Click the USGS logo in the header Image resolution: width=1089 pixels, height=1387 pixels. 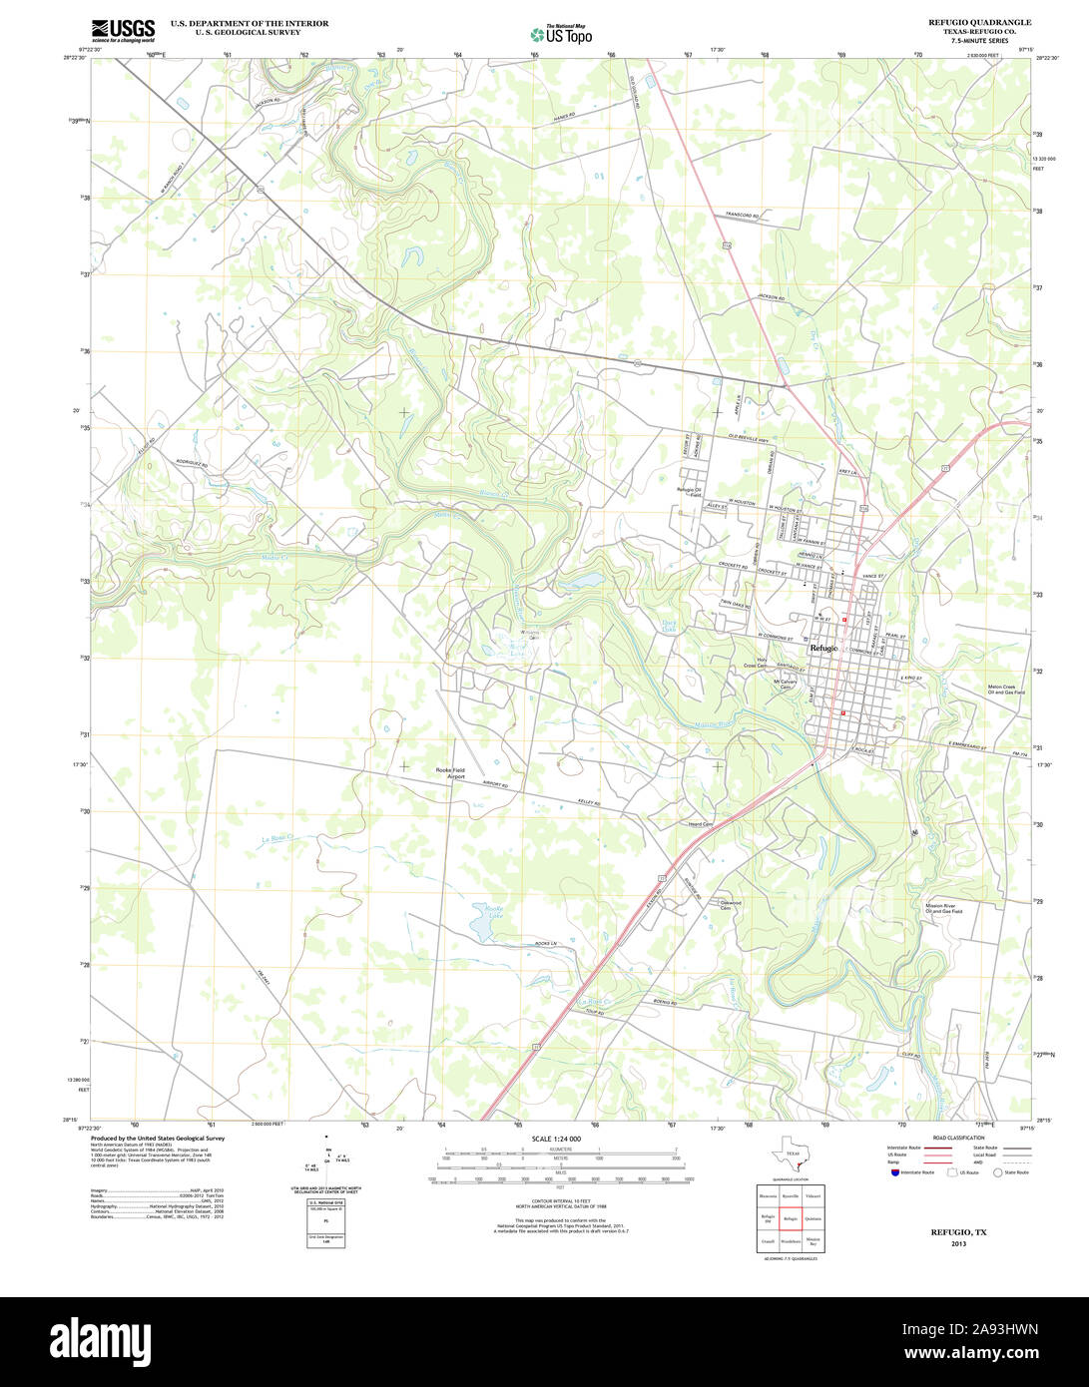(x=123, y=30)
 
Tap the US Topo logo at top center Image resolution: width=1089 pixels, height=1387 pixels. (x=561, y=33)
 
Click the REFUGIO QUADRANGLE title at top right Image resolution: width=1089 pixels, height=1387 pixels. (x=979, y=22)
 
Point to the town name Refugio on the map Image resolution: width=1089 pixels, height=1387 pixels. (x=824, y=648)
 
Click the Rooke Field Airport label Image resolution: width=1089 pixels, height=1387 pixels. (x=450, y=773)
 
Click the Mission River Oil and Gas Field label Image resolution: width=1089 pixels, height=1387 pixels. (x=943, y=908)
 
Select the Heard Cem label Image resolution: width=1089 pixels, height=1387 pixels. (x=701, y=824)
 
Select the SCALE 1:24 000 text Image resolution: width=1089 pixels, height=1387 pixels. (x=556, y=1139)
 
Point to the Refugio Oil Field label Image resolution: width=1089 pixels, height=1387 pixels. (x=690, y=491)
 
